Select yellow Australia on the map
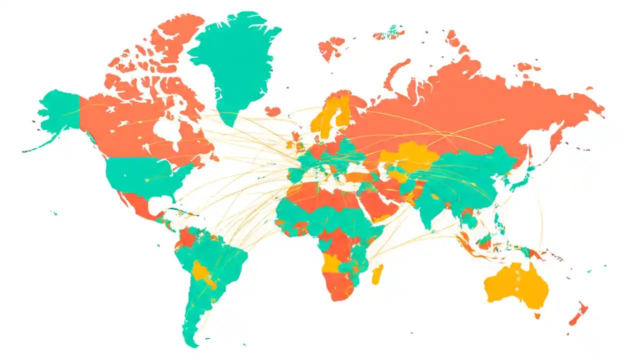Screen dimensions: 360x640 [x=515, y=287]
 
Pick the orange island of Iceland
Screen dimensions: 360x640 [x=273, y=111]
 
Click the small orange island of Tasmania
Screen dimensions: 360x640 [x=537, y=316]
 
